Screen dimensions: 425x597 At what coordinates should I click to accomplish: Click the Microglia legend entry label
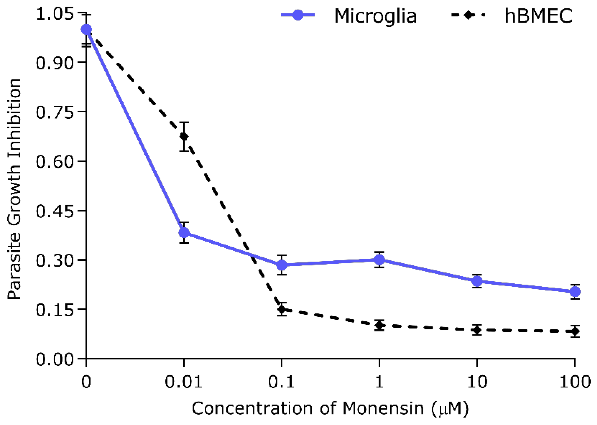pyautogui.click(x=375, y=16)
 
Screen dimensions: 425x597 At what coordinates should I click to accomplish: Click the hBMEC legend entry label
pyautogui.click(x=539, y=16)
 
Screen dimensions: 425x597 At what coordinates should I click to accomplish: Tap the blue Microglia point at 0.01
pyautogui.click(x=184, y=232)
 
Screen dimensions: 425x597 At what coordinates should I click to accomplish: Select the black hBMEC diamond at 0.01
pyautogui.click(x=184, y=136)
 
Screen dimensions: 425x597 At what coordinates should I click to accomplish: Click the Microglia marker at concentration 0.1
pyautogui.click(x=282, y=265)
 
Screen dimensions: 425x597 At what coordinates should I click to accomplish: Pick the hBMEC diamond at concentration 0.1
pyautogui.click(x=282, y=309)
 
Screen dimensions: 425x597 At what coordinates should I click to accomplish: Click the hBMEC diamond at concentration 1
pyautogui.click(x=379, y=325)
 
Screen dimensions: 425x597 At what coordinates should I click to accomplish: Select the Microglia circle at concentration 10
pyautogui.click(x=477, y=281)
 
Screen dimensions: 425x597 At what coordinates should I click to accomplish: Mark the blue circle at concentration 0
pyautogui.click(x=86, y=29)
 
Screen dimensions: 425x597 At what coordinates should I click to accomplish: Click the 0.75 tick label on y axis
pyautogui.click(x=55, y=112)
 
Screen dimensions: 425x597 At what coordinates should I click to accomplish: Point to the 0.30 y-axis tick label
pyautogui.click(x=55, y=261)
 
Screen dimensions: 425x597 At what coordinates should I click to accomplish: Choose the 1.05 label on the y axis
pyautogui.click(x=55, y=14)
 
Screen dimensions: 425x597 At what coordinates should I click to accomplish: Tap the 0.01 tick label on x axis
pyautogui.click(x=184, y=382)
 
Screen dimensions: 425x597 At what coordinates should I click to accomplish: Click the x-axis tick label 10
pyautogui.click(x=477, y=382)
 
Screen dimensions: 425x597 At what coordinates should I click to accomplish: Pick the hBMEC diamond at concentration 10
pyautogui.click(x=477, y=330)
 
